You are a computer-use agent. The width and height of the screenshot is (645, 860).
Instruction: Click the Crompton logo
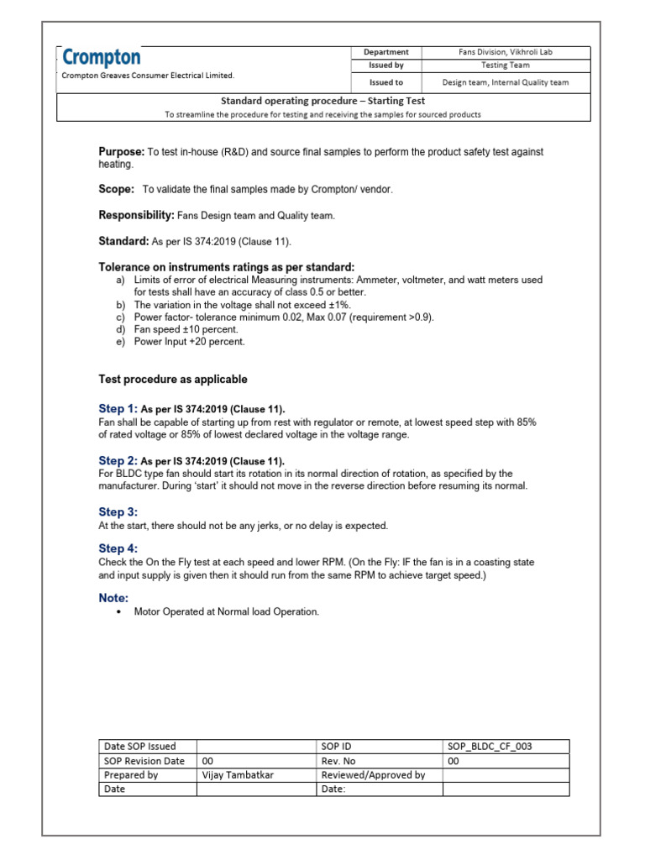[102, 57]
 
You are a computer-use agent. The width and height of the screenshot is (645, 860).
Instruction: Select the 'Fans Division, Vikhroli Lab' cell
[505, 52]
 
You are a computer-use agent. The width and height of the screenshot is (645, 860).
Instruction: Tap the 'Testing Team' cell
[505, 65]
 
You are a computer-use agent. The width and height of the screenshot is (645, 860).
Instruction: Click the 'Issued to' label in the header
[386, 82]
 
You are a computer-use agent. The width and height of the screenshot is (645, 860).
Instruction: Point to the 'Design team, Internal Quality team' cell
[505, 82]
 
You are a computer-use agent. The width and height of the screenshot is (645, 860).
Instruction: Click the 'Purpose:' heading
[122, 151]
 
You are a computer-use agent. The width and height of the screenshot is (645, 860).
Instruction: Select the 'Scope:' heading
[117, 189]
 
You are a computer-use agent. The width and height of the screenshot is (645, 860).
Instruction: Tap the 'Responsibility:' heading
[136, 216]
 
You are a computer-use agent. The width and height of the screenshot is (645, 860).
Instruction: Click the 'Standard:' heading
[123, 241]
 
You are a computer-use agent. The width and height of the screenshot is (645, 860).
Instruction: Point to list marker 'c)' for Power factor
[121, 317]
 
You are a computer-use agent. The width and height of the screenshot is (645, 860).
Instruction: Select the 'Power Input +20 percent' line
[186, 342]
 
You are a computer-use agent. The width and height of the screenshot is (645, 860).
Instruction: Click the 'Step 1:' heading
[118, 408]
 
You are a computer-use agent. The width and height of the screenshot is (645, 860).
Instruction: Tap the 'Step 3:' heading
[118, 511]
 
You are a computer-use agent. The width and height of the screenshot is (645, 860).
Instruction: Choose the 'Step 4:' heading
[118, 548]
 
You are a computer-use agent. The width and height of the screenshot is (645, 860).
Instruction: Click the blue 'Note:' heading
[113, 598]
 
